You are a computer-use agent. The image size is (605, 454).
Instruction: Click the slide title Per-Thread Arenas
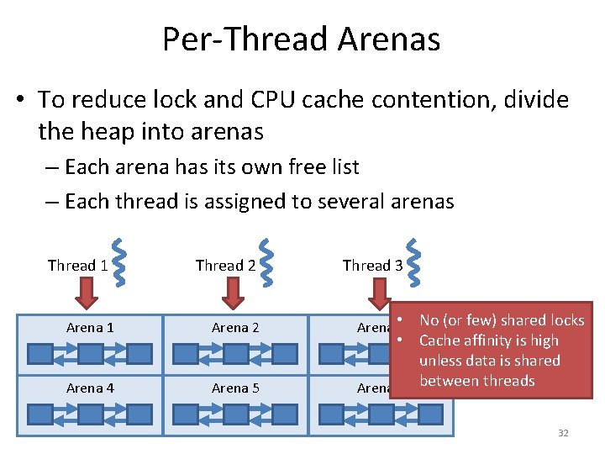pyautogui.click(x=301, y=39)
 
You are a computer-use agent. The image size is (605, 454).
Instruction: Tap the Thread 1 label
pyautogui.click(x=77, y=266)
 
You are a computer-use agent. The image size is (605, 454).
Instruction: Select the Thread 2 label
pyautogui.click(x=225, y=266)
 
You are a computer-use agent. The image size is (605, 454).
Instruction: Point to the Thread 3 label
pyautogui.click(x=372, y=266)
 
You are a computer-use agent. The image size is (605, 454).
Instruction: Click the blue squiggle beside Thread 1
pyautogui.click(x=119, y=260)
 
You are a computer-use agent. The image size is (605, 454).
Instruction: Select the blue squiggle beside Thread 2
pyautogui.click(x=266, y=260)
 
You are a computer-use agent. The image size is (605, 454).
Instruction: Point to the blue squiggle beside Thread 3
pyautogui.click(x=414, y=260)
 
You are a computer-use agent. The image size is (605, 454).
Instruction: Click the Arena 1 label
pyautogui.click(x=89, y=328)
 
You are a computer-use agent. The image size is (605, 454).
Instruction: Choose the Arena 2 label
pyautogui.click(x=235, y=328)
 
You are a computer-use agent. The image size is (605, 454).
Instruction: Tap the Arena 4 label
pyautogui.click(x=89, y=388)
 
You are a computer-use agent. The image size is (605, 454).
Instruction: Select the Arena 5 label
pyautogui.click(x=235, y=388)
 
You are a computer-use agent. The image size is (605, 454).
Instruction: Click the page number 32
pyautogui.click(x=563, y=433)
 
